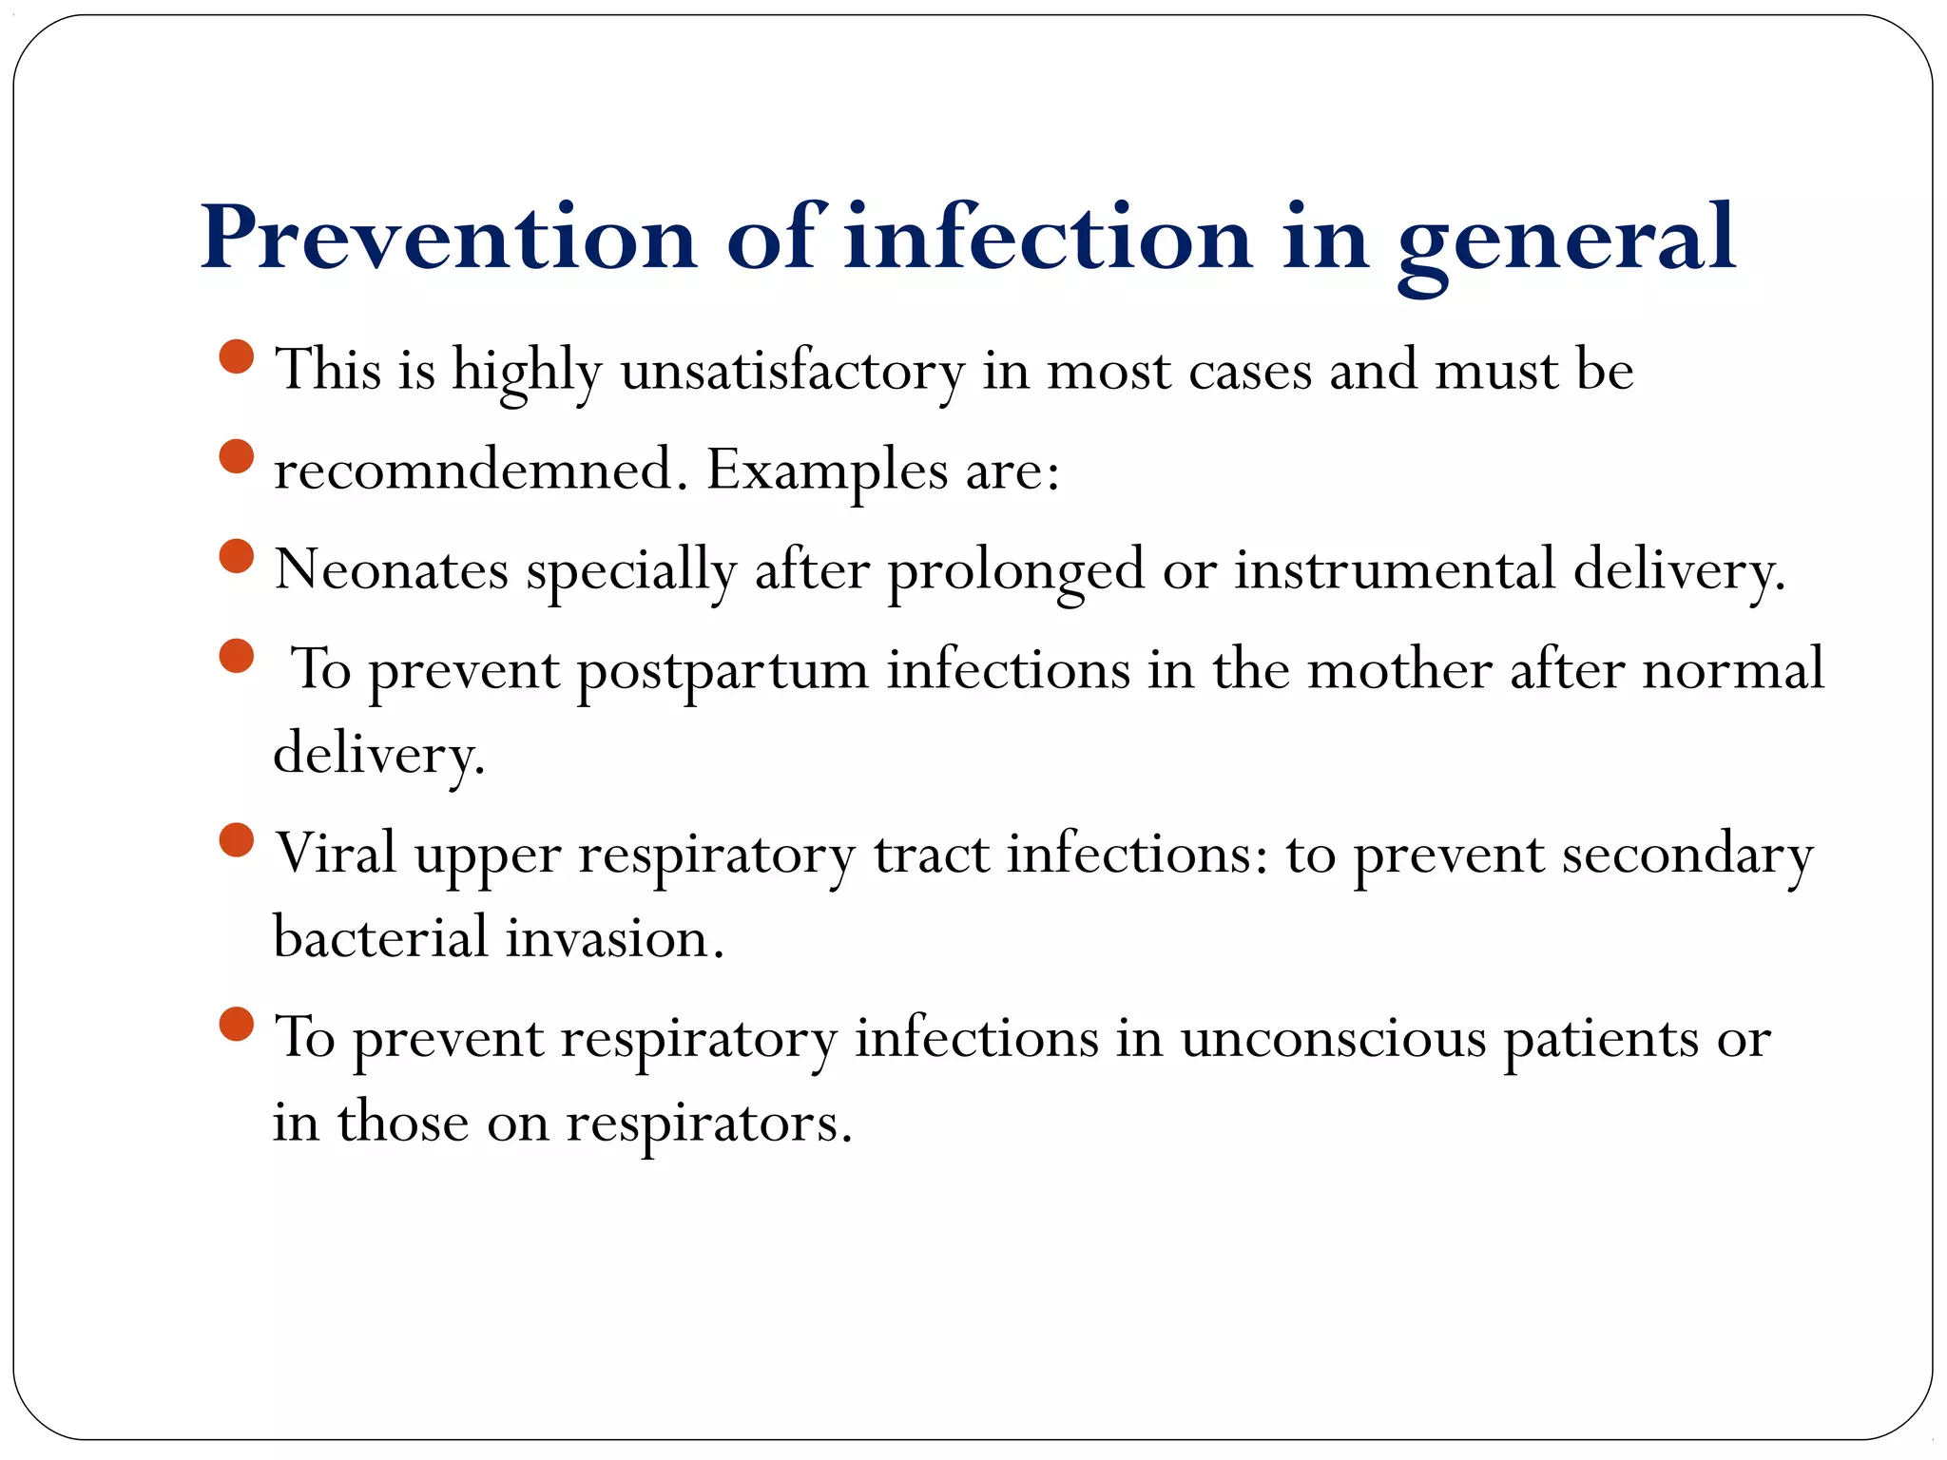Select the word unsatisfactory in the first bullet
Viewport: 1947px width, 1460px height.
pos(793,371)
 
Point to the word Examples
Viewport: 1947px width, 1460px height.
pos(826,471)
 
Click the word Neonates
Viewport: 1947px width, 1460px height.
pos(392,570)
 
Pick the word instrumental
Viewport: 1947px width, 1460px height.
pos(1395,570)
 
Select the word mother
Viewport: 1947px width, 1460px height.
pos(1399,669)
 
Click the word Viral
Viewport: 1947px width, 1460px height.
pos(336,853)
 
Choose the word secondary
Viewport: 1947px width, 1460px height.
pos(1687,855)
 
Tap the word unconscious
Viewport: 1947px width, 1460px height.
pos(1333,1038)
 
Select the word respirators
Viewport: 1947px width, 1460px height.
pos(708,1124)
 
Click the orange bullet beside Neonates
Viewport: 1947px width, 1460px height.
pos(236,556)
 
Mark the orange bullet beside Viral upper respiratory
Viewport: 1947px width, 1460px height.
pos(236,839)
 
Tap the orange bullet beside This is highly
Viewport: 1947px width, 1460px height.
pos(236,356)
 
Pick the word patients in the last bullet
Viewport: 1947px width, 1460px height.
pos(1600,1039)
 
